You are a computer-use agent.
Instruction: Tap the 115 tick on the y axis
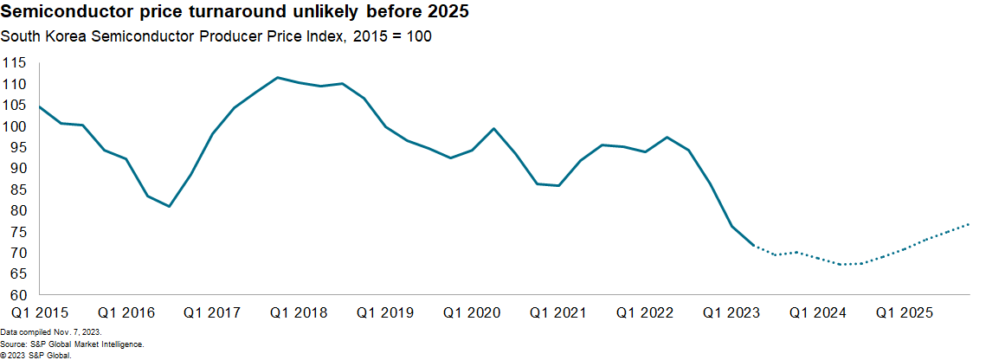15,63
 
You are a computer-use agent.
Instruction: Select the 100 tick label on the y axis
15,126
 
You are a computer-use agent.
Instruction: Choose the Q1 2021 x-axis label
558,312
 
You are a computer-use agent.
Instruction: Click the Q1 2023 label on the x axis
731,312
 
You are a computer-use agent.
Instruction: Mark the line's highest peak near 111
277,78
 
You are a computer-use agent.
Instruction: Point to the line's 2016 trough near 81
169,206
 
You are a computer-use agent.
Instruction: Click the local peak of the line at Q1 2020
493,129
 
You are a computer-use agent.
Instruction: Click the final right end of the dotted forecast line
969,224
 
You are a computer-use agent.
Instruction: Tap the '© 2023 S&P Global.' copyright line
36,355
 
